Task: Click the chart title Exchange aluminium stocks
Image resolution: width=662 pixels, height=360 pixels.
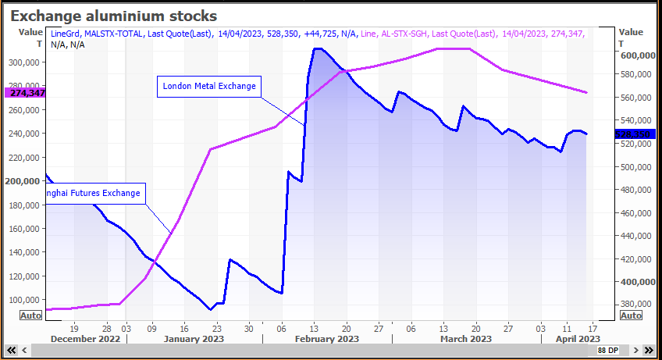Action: coord(113,16)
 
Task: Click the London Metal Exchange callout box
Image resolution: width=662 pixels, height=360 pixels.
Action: coord(208,86)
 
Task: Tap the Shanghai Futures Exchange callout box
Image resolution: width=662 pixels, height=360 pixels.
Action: coord(94,193)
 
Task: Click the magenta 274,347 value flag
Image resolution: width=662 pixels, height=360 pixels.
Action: coord(25,92)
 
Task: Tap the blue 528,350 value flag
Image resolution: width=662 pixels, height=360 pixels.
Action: coord(632,134)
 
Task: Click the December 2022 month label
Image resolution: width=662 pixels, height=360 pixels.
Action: coord(85,339)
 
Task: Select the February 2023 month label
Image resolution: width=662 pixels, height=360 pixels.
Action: coord(327,339)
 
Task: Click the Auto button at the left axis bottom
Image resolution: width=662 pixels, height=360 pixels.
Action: coord(30,315)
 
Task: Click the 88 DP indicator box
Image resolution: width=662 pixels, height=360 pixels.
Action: coord(608,350)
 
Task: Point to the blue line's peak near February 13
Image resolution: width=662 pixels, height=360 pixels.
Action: coord(317,48)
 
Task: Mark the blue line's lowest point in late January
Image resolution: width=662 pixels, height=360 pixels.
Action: coord(210,310)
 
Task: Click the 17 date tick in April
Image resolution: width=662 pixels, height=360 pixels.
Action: coord(593,328)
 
